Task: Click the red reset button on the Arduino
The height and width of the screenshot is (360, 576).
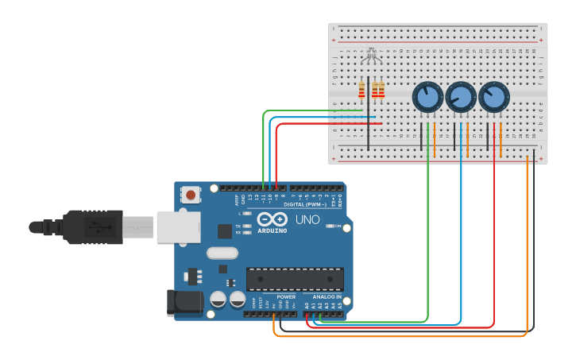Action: (191, 194)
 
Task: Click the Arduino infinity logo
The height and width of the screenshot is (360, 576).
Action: (272, 219)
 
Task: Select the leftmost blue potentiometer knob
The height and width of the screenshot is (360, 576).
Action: (427, 98)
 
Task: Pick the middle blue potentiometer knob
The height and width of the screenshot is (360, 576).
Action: (460, 98)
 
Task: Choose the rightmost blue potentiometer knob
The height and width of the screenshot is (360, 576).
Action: (493, 98)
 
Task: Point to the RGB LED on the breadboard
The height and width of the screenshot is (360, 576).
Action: (369, 56)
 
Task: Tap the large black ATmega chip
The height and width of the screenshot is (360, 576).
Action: (295, 279)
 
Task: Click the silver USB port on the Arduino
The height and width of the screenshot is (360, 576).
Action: (176, 226)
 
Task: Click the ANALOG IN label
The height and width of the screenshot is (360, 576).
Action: (327, 296)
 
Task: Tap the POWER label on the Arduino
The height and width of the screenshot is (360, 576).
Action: (286, 296)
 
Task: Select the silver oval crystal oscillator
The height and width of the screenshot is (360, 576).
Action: (222, 254)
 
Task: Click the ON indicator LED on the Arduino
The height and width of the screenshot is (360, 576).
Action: (328, 226)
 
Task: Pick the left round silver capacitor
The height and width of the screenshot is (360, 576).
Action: (218, 300)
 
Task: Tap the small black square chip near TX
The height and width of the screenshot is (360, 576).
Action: (225, 231)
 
